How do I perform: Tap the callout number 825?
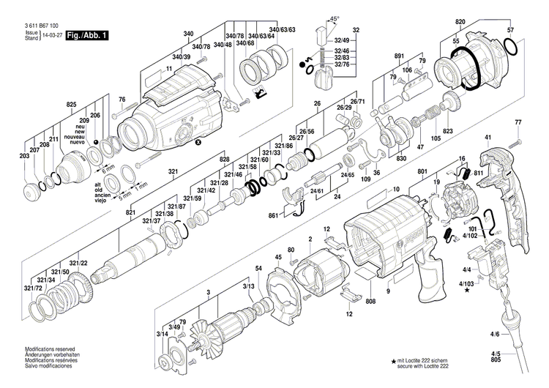(71, 105)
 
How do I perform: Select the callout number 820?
(460, 23)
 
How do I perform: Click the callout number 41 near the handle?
(488, 138)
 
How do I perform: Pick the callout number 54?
(258, 269)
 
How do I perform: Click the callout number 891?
(399, 56)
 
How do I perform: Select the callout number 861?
(273, 216)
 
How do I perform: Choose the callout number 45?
(278, 257)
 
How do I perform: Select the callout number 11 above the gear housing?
(169, 68)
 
